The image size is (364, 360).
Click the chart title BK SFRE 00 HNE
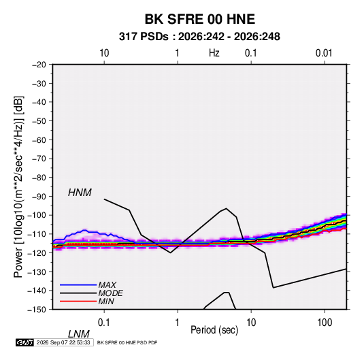point(200,19)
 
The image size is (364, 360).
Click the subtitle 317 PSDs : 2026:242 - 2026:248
point(199,37)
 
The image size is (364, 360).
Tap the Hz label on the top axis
point(214,53)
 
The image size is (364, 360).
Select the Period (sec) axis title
point(214,329)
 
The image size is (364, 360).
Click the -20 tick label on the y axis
point(39,65)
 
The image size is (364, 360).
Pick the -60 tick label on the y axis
point(39,140)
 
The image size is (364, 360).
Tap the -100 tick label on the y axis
point(37,215)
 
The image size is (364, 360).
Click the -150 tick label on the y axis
point(37,310)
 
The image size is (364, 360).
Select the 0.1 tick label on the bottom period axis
point(104,323)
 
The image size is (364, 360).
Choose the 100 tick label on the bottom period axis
point(325,323)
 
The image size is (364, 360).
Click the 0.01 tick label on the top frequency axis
point(324,53)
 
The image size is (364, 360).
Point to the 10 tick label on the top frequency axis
point(104,53)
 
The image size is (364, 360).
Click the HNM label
point(80,193)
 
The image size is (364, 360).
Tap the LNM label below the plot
point(78,334)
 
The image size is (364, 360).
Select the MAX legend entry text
point(107,284)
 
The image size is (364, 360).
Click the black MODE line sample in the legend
point(78,293)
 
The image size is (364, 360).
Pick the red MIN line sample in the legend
point(78,301)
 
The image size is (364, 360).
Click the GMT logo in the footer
point(24,342)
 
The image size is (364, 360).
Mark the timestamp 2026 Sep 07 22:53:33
point(63,342)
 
